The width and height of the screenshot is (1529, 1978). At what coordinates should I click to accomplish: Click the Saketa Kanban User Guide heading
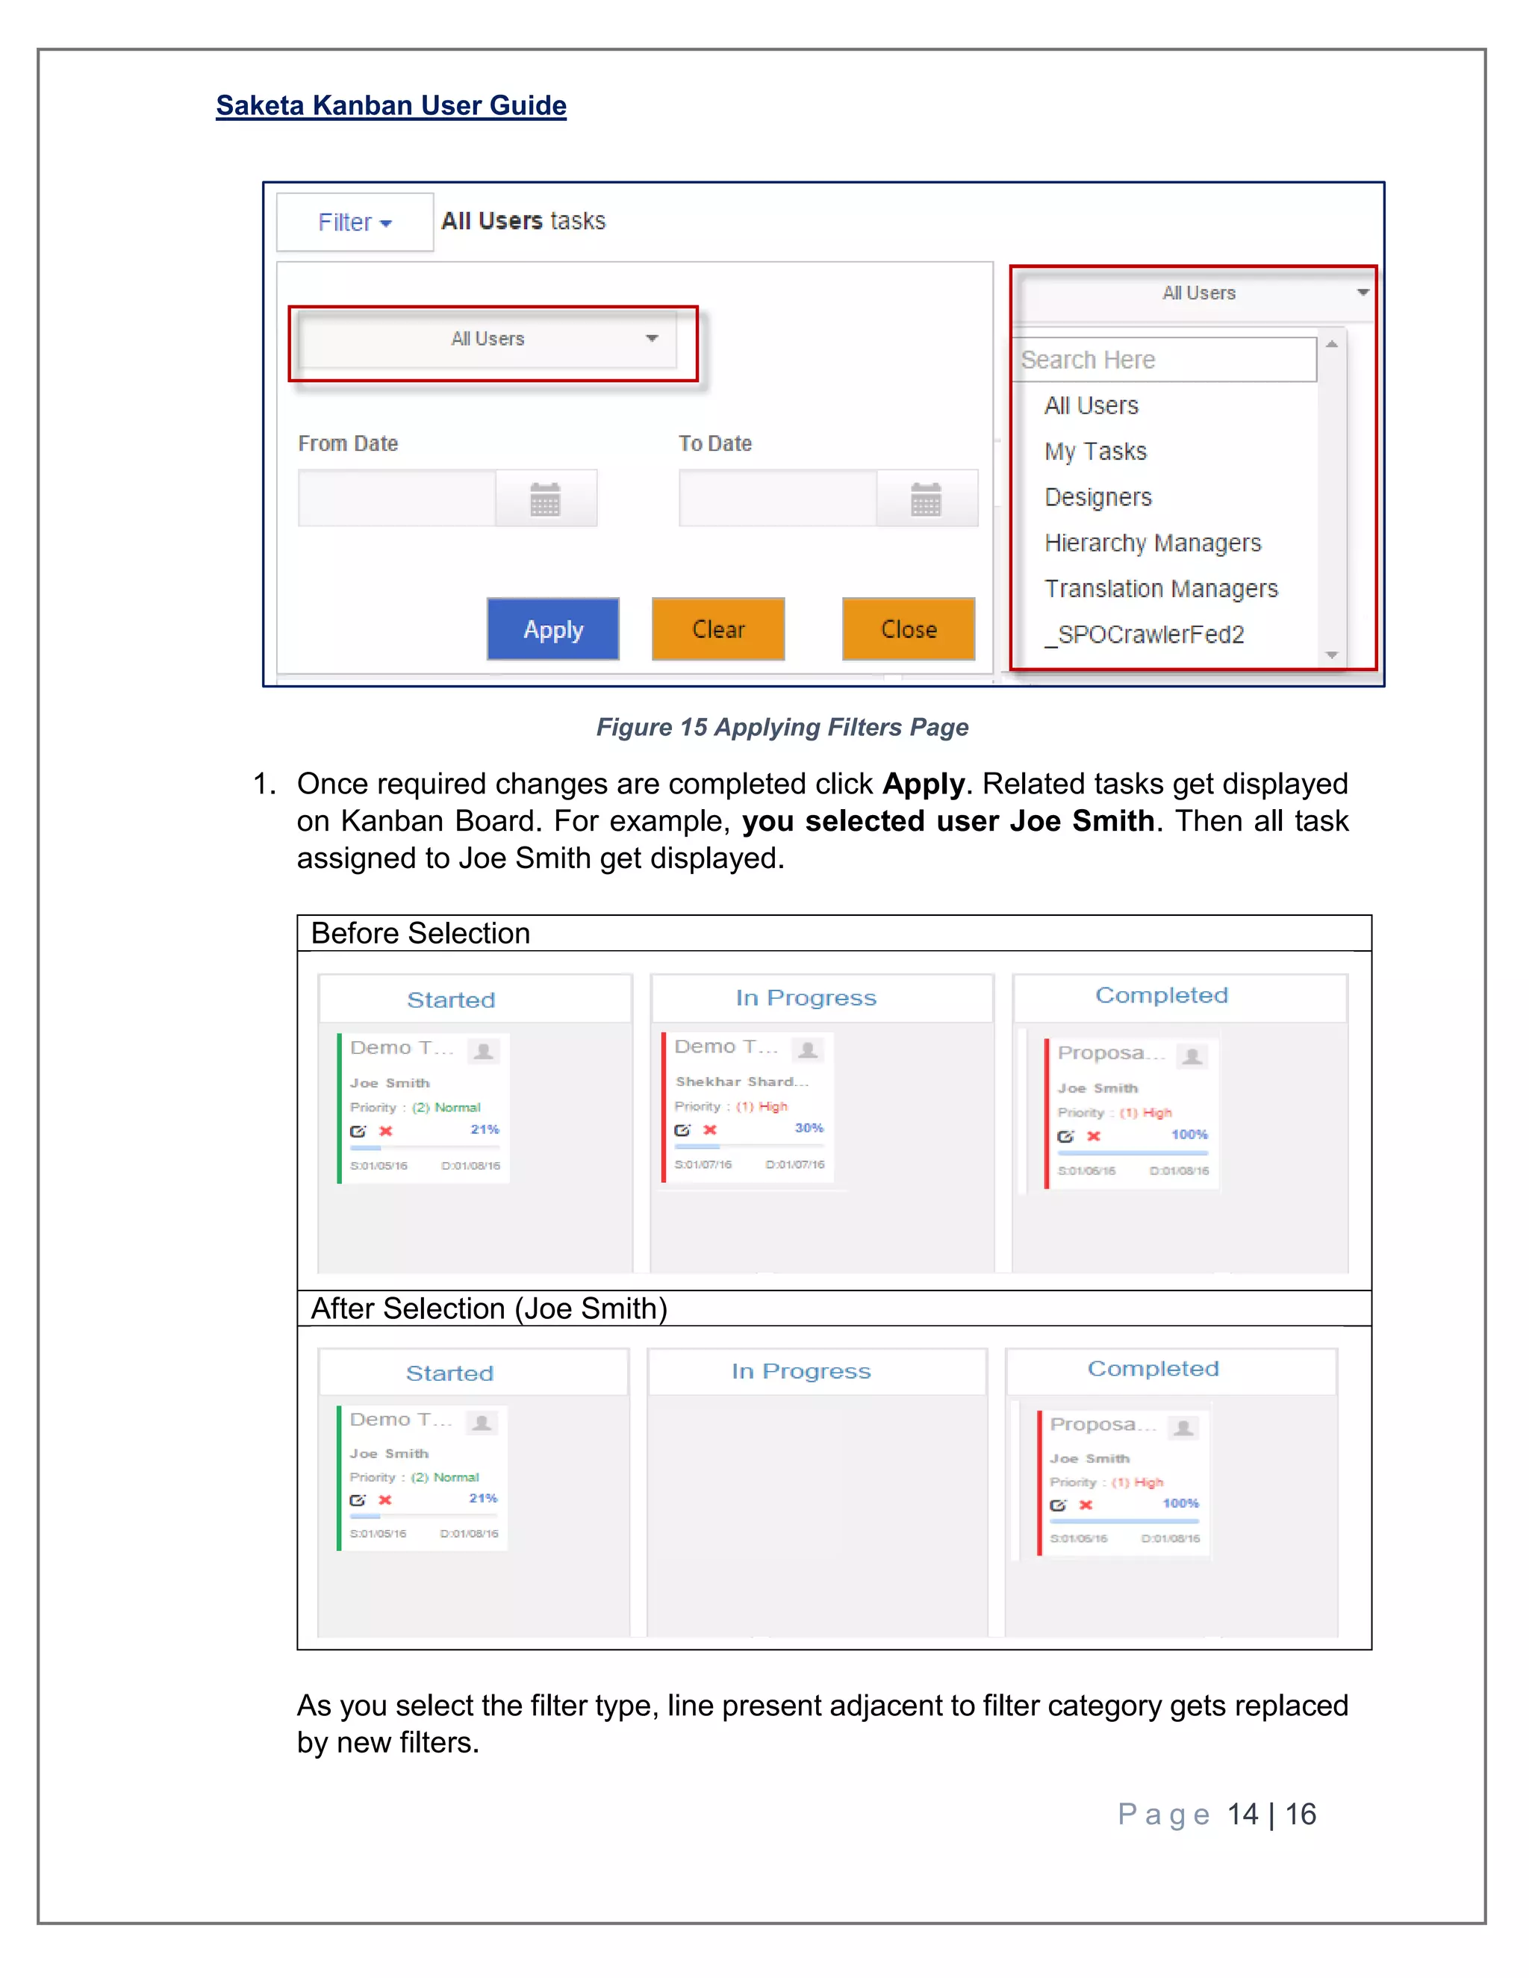390,106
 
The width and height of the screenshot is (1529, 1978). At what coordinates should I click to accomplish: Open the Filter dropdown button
354,222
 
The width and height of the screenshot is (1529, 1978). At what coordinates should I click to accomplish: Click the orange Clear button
717,629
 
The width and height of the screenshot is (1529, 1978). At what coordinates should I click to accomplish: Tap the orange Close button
908,629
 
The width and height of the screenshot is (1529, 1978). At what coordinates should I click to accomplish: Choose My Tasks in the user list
1095,452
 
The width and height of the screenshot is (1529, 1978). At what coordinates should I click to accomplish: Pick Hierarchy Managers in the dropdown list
1152,543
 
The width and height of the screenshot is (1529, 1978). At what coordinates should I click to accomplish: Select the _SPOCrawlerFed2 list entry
1144,635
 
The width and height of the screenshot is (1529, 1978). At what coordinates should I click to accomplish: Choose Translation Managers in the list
1160,590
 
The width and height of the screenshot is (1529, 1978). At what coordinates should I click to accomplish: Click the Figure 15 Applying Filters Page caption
782,727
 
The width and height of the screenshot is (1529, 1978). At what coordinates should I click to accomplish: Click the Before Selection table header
420,934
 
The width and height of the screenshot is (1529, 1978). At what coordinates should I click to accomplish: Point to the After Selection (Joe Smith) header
489,1308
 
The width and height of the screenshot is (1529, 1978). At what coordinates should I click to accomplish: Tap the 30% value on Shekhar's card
809,1129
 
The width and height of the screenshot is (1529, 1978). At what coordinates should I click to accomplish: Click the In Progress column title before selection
806,998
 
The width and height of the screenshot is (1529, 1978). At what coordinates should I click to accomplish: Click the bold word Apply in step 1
922,784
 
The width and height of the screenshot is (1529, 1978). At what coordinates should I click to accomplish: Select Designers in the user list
1097,498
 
